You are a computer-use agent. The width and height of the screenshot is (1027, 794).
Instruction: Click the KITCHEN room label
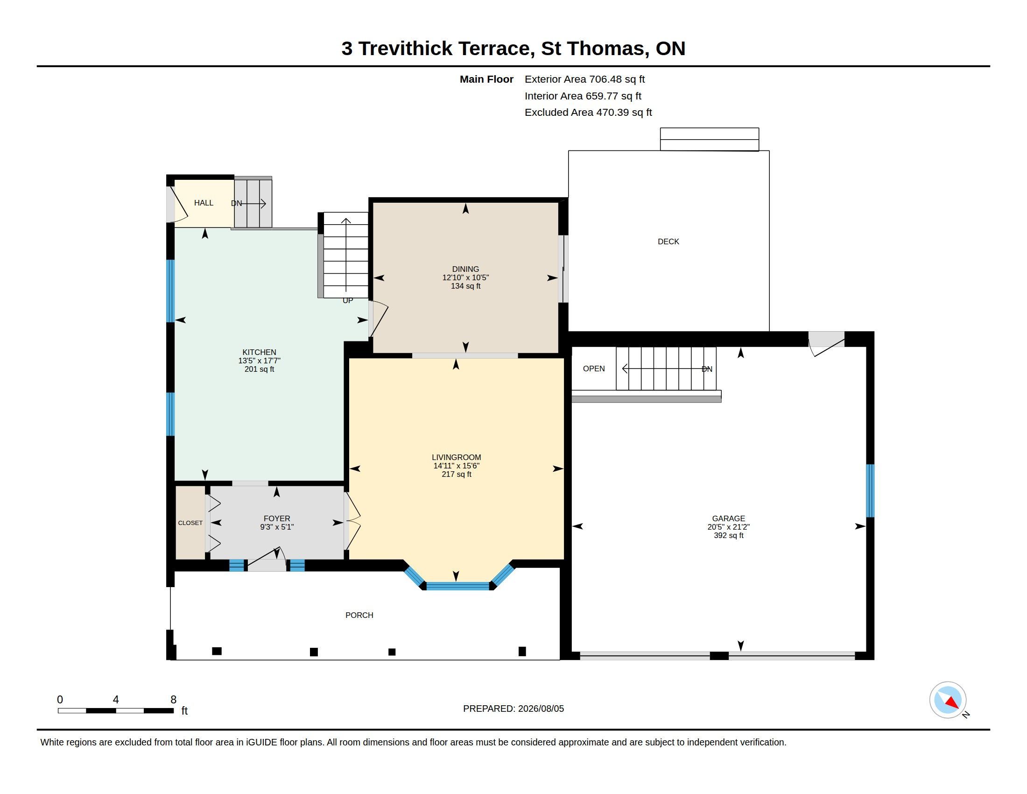pos(259,352)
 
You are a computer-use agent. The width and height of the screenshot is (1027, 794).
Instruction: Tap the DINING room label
pos(465,269)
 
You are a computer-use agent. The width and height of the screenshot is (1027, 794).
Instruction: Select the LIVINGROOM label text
pos(456,457)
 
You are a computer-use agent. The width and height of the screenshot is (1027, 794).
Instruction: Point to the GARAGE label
pos(728,518)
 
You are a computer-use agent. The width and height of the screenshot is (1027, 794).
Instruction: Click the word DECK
pos(668,241)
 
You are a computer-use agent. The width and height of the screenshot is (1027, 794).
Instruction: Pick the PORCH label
pos(359,615)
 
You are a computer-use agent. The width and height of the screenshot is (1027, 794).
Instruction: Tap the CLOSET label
pos(190,523)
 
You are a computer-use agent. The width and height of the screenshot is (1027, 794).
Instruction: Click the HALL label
pos(204,203)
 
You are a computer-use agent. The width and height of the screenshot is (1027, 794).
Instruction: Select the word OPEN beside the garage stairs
pos(594,369)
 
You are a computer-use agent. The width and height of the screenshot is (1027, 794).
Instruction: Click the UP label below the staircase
pos(347,301)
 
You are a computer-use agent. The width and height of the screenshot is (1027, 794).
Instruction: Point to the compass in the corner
pos(948,700)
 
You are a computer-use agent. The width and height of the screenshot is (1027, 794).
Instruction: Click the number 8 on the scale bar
pos(173,700)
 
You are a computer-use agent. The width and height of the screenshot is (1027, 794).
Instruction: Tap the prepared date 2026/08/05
pos(541,709)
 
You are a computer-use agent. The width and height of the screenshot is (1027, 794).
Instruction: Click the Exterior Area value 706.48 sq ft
pos(617,79)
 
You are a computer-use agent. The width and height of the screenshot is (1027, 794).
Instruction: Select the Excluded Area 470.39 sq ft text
pos(588,113)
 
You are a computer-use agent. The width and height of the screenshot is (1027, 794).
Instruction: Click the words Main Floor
pos(486,79)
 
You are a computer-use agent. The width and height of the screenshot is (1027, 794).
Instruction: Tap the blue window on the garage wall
pos(870,490)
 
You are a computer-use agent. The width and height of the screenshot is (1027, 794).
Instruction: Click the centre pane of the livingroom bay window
pos(457,586)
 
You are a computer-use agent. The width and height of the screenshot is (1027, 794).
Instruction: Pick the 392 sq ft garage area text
pos(728,535)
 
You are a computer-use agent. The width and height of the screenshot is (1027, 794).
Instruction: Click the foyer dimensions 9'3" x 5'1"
pos(277,527)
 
